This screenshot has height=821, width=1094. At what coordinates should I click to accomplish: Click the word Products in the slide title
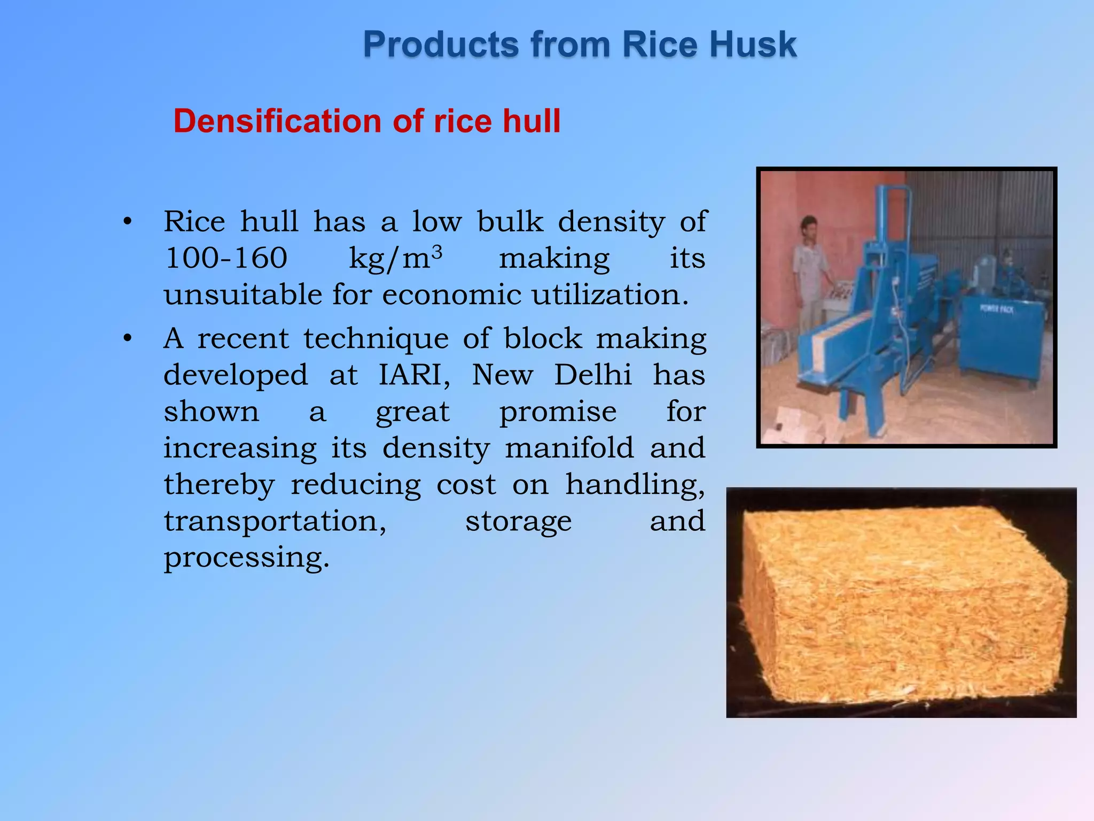click(441, 44)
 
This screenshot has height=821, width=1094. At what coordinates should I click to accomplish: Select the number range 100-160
click(226, 258)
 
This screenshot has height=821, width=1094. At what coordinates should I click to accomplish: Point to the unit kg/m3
click(395, 258)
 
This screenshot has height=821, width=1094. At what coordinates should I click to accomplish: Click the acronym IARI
click(414, 375)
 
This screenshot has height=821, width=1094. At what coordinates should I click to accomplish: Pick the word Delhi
click(592, 375)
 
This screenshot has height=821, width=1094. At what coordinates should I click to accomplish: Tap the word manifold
click(569, 448)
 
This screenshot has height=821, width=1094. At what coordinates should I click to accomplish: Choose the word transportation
click(275, 521)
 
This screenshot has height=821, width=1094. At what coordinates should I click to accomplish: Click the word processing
click(246, 558)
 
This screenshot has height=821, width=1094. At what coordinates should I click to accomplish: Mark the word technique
click(377, 339)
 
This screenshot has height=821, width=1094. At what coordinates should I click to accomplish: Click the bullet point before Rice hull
click(127, 222)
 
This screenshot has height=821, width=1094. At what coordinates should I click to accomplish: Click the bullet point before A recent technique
click(127, 339)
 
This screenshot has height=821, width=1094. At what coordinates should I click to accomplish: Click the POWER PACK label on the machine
click(996, 309)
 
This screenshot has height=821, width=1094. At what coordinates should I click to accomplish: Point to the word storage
click(518, 521)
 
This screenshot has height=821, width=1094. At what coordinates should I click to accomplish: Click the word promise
click(558, 412)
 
